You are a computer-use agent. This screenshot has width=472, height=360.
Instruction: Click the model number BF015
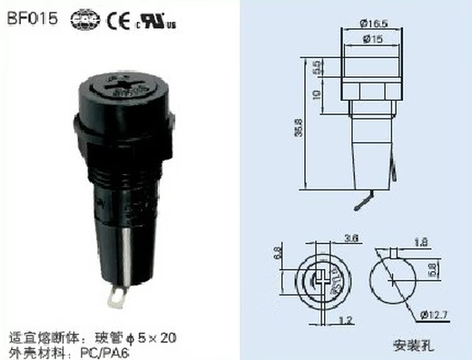28,15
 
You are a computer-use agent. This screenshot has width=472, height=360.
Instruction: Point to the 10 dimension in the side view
315,94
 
